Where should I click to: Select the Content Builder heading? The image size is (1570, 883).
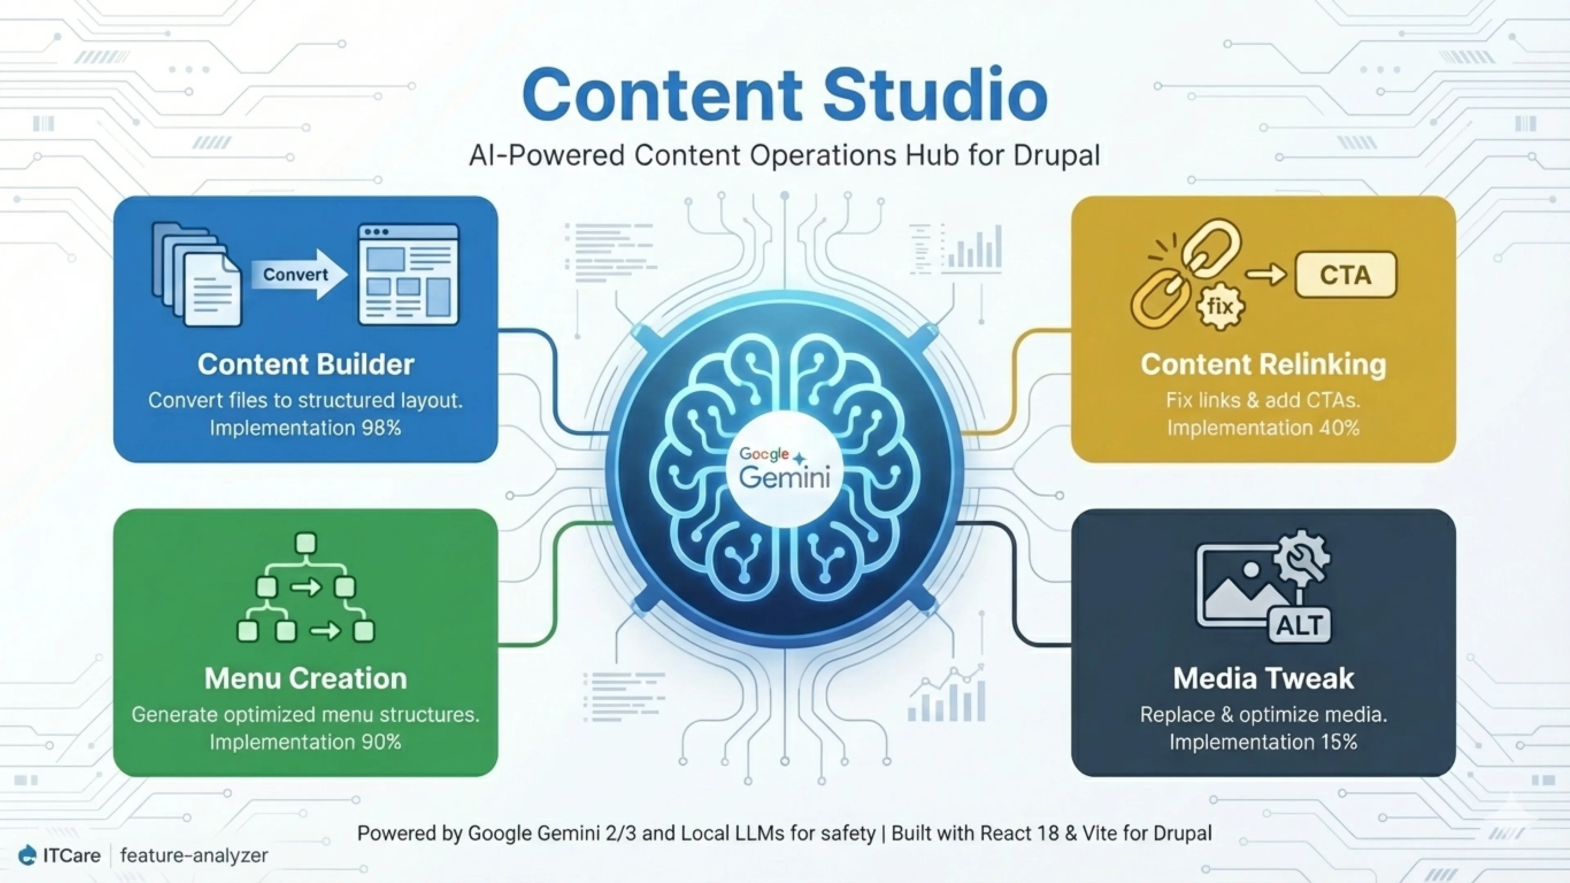tap(305, 364)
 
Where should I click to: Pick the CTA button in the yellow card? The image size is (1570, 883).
tap(1346, 275)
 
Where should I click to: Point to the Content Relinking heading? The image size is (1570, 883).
tap(1263, 364)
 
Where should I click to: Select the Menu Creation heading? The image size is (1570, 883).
tap(305, 678)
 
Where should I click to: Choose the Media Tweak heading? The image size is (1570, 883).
tap(1263, 678)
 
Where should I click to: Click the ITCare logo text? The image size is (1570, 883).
tap(71, 856)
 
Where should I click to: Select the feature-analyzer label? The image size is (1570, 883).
tap(194, 856)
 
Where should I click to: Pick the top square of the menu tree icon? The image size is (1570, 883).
tap(305, 542)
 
